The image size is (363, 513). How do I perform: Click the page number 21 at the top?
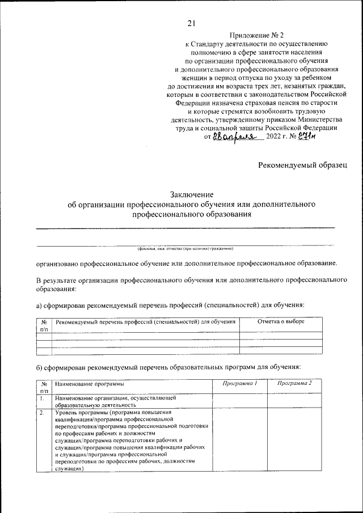[191, 23]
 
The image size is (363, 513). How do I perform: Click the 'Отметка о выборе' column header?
[281, 321]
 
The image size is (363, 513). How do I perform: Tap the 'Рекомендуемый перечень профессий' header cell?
[145, 321]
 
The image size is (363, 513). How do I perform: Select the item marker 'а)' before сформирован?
[40, 305]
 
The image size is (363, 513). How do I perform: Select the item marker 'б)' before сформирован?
[40, 367]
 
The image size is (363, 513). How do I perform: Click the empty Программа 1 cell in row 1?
[239, 402]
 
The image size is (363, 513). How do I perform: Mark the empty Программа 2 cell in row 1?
[294, 402]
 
